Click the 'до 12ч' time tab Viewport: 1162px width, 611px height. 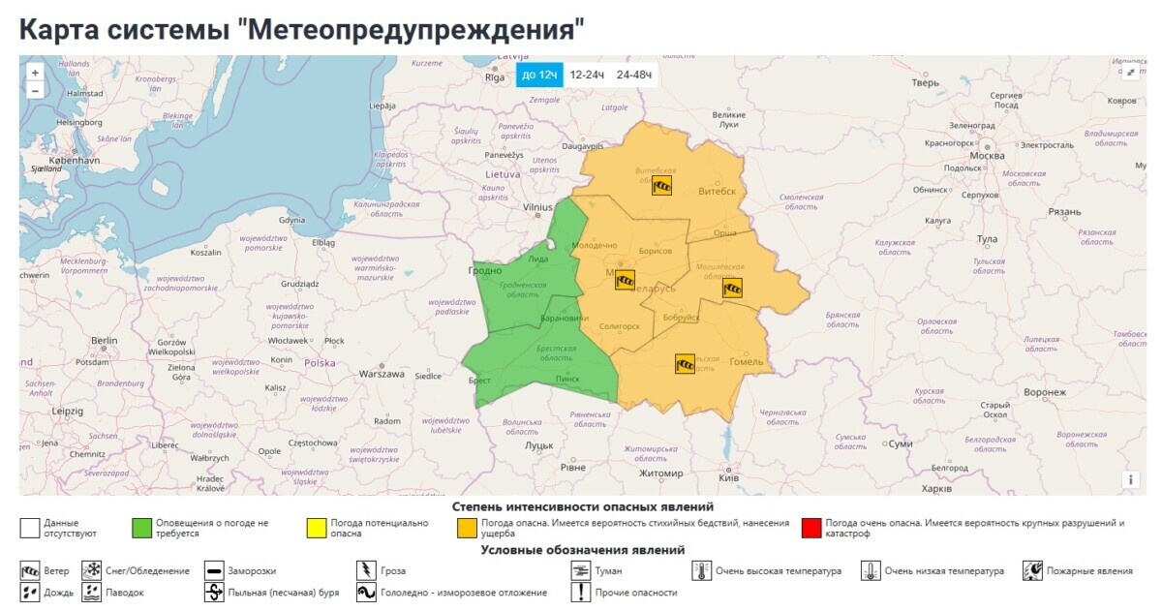pos(538,75)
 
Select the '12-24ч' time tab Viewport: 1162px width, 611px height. pos(587,75)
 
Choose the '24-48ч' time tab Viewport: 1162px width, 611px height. pos(634,75)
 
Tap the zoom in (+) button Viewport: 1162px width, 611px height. pos(35,73)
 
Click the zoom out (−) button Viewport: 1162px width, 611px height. pos(35,90)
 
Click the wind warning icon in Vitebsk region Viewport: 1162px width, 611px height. pos(661,186)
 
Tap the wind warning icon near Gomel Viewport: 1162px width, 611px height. pos(685,363)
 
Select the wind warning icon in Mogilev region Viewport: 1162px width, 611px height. pos(733,287)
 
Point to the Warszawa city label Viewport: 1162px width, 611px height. pos(381,374)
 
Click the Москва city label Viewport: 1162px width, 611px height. pos(987,156)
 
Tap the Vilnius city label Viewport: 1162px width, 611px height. pos(537,207)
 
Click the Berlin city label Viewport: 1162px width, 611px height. pos(104,341)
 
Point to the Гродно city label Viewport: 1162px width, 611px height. pos(487,271)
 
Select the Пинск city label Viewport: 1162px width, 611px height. pos(566,379)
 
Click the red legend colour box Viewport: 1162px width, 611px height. pos(811,529)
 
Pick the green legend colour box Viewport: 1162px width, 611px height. pos(141,529)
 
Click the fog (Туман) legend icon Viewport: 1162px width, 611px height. pos(580,570)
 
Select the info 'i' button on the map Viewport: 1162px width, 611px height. pos(1130,479)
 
